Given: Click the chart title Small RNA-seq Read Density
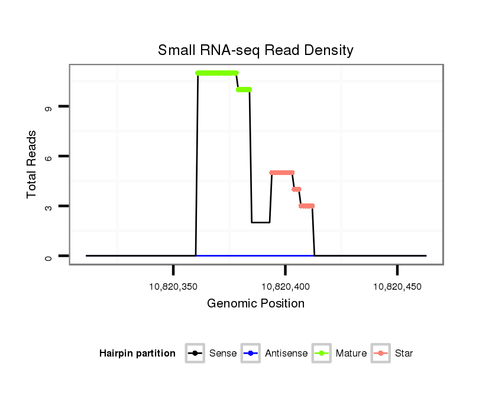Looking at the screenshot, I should pos(255,50).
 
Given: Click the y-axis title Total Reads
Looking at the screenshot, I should pos(33,164).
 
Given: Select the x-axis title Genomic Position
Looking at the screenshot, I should pos(255,304).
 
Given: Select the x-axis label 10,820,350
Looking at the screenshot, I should pos(173,287).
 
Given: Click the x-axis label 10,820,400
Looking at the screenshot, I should pos(285,287).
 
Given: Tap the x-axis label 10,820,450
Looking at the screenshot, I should pos(397,287).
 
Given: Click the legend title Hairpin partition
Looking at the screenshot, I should pos(137,354).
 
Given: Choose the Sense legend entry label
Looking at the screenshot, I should pos(223,354).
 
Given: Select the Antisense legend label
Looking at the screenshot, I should pos(286,354).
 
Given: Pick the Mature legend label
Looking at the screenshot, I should pos(351,354).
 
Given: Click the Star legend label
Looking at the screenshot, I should pos(404,354).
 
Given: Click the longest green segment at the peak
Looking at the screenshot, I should pos(216,73).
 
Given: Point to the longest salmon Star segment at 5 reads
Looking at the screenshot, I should pos(282,173).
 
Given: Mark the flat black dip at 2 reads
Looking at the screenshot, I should pos(261,222).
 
